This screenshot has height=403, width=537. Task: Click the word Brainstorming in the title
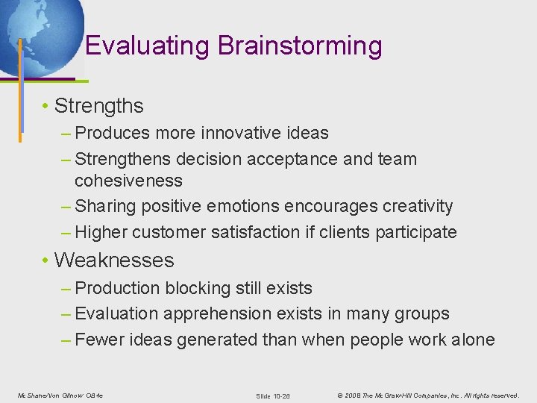click(x=300, y=46)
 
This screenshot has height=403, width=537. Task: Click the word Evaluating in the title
click(x=148, y=46)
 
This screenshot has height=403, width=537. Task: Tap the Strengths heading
click(x=98, y=106)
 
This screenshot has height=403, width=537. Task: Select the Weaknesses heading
click(x=114, y=260)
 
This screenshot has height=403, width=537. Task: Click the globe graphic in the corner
click(x=37, y=30)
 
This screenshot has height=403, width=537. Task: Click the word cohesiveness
click(x=128, y=181)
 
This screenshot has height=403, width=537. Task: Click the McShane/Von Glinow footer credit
click(x=60, y=395)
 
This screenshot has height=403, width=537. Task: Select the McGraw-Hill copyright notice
click(x=427, y=395)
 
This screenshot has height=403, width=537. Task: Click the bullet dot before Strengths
click(x=46, y=107)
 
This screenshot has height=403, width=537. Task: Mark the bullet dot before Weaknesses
click(x=46, y=261)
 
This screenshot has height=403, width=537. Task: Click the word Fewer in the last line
click(x=101, y=340)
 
